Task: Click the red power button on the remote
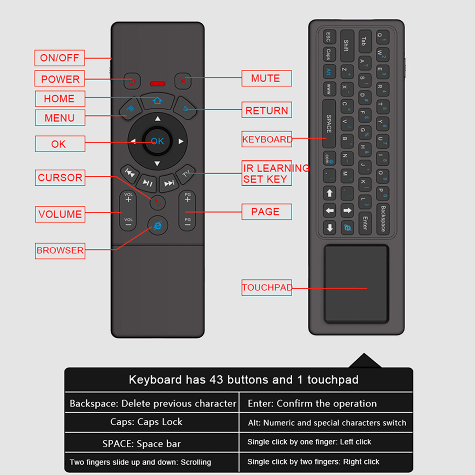click(132, 81)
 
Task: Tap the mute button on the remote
click(182, 80)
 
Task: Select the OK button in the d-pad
click(157, 141)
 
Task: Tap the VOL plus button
click(128, 199)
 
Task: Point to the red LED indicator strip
click(157, 84)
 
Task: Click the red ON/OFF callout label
click(59, 58)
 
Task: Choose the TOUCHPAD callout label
click(266, 287)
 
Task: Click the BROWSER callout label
click(60, 250)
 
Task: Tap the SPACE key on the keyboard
click(329, 123)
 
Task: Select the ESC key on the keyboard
click(328, 37)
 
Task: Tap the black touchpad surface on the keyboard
click(356, 284)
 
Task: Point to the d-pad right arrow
click(181, 141)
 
